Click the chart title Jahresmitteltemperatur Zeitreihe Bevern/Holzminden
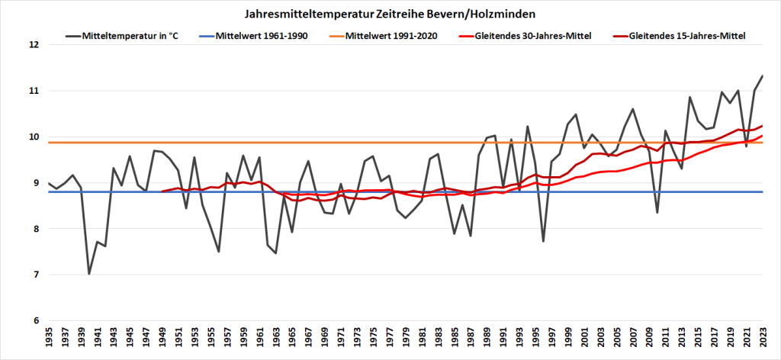(x=390, y=14)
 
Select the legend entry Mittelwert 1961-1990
(x=262, y=36)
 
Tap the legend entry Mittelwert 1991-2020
(x=391, y=36)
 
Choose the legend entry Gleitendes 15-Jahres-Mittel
(x=686, y=36)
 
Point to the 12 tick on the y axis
(x=34, y=44)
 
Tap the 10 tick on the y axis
(x=34, y=137)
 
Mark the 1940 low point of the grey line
(x=88, y=274)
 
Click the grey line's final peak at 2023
(x=763, y=76)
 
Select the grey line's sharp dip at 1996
(x=543, y=241)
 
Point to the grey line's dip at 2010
(x=657, y=212)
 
